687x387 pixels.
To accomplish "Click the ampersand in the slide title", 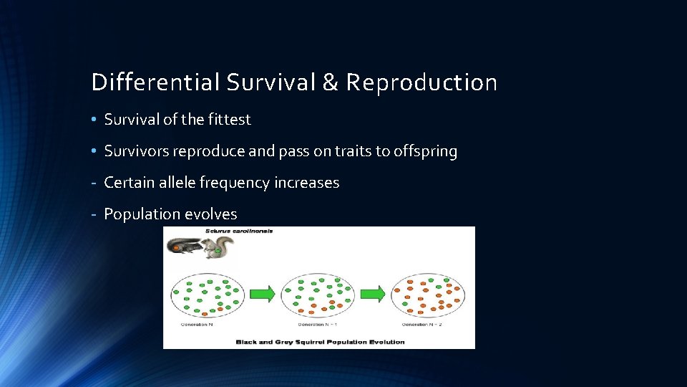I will pos(330,82).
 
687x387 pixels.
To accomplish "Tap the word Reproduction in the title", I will pos(422,82).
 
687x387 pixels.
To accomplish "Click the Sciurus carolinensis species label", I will pos(238,231).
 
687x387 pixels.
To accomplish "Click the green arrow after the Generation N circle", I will pos(263,294).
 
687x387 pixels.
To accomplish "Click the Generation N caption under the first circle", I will pos(198,325).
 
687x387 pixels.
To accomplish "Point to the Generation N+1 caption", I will pos(308,325).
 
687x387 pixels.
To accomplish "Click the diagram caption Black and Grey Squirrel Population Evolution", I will pos(320,342).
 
